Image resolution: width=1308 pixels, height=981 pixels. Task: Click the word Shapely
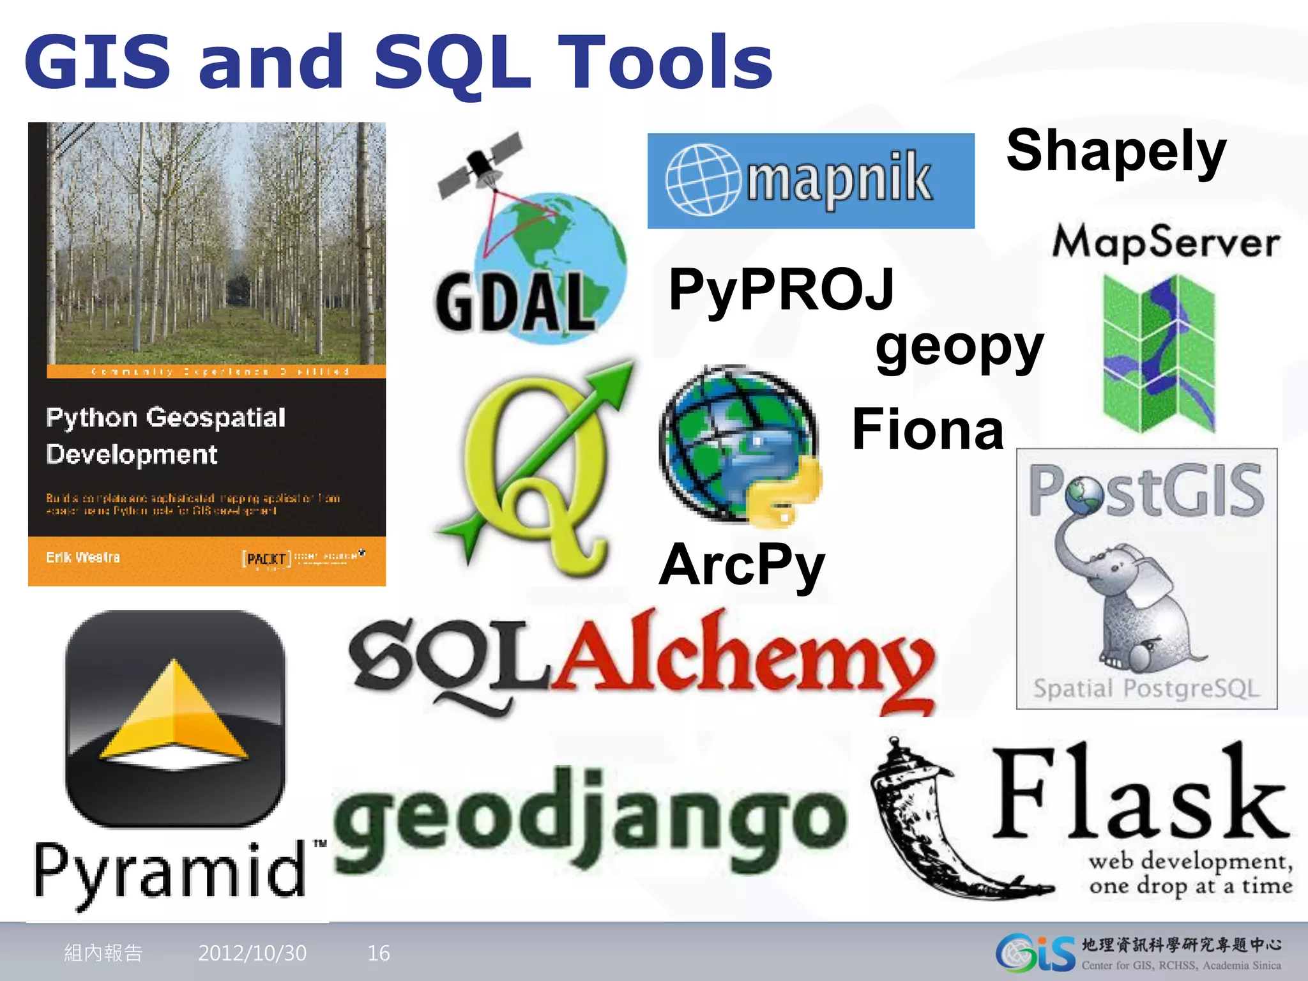point(1116,151)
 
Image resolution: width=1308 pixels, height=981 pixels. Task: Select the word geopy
point(959,348)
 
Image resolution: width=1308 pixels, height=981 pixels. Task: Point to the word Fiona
point(927,430)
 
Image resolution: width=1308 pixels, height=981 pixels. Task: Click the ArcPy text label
point(742,565)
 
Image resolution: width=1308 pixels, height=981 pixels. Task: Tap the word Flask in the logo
point(1140,795)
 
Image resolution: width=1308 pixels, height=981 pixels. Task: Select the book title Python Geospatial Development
point(165,436)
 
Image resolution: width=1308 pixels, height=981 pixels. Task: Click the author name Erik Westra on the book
point(82,557)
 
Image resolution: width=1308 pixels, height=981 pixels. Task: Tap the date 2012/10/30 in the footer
point(252,953)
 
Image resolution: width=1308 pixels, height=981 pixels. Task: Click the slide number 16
point(379,953)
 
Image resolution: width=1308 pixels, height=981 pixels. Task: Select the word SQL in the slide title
point(452,63)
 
